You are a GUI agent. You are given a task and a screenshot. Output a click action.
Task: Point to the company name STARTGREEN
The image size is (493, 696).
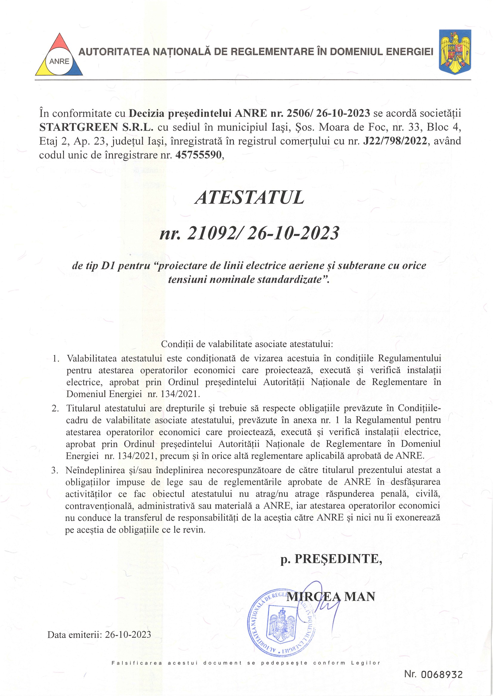(x=79, y=127)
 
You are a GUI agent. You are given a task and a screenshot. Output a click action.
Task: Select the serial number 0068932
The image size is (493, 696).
(x=441, y=675)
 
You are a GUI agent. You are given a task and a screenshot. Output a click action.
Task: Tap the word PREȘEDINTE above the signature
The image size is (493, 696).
(x=338, y=559)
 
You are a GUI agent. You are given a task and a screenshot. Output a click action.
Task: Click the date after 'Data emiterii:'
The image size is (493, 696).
(x=128, y=634)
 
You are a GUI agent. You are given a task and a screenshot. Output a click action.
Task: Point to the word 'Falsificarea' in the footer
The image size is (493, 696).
(x=137, y=663)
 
